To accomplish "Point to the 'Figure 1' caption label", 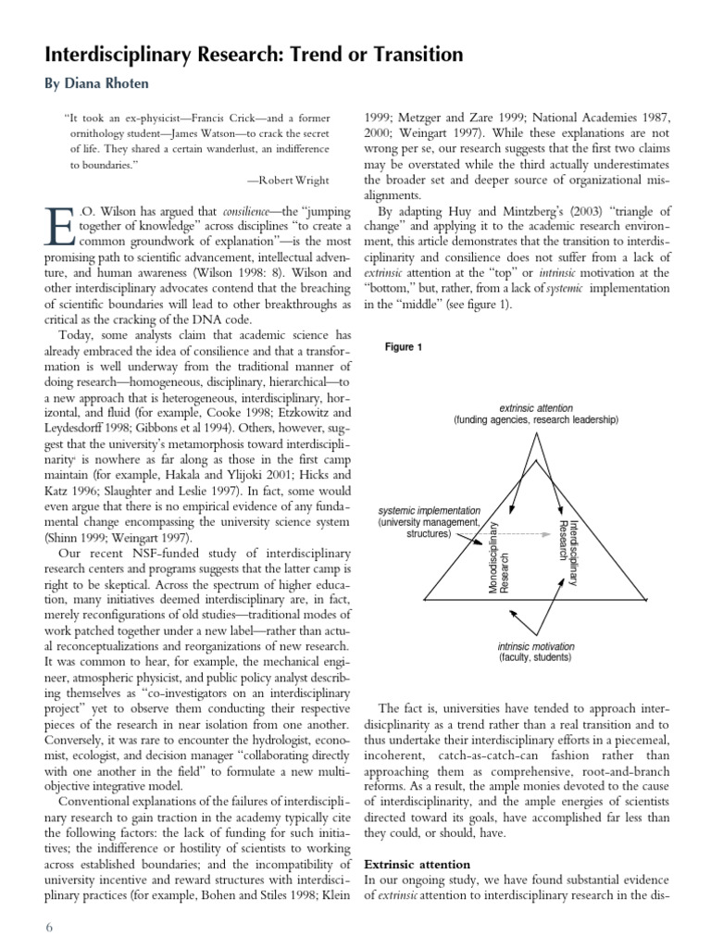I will tap(403, 347).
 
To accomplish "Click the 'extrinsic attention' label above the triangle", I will tap(535, 407).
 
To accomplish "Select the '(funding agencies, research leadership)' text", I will tap(535, 419).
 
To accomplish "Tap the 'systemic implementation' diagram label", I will tap(430, 510).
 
